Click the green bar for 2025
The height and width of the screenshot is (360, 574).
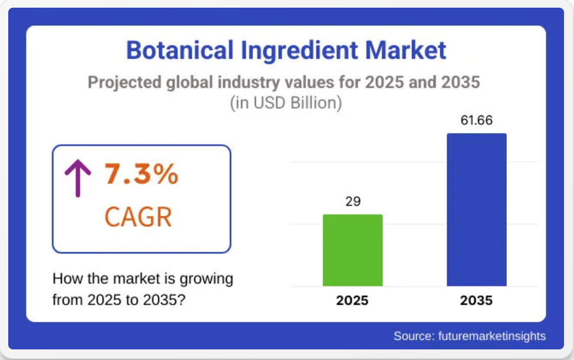[x=352, y=250]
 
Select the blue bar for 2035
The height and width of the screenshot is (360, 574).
[x=477, y=210]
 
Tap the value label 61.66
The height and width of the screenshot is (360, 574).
[x=477, y=120]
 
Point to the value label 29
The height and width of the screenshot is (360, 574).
[x=353, y=202]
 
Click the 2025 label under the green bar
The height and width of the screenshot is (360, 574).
[x=352, y=300]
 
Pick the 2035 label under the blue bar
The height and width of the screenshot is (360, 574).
[x=476, y=300]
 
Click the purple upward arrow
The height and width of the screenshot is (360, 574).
[x=78, y=178]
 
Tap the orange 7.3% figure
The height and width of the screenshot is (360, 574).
[x=141, y=173]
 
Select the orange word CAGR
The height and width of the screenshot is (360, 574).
[x=138, y=217]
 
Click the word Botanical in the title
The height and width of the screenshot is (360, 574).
[x=180, y=50]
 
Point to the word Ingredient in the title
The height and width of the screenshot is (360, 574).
[x=299, y=51]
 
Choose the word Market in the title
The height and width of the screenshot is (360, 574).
[x=405, y=50]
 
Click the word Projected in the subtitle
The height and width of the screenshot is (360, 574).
[x=124, y=82]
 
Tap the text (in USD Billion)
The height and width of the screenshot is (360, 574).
[x=286, y=103]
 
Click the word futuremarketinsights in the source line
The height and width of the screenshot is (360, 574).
[x=491, y=336]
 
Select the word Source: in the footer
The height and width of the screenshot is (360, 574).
[x=414, y=336]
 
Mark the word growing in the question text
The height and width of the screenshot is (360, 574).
[x=206, y=279]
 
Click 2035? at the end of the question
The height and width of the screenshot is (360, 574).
[x=164, y=300]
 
